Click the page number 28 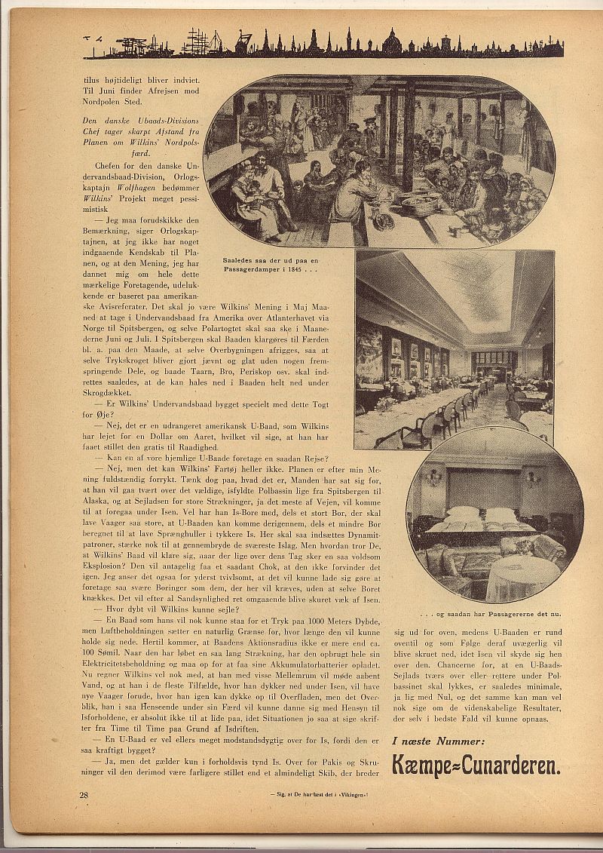pyautogui.click(x=84, y=794)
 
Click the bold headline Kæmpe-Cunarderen pyautogui.click(x=476, y=766)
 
